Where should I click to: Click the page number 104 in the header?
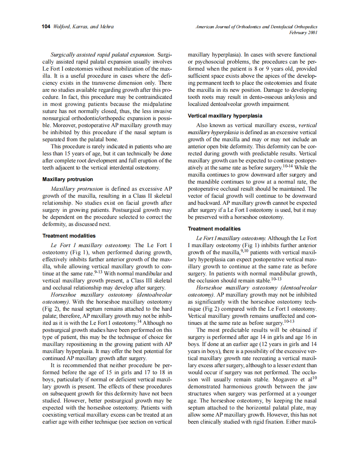(46, 27)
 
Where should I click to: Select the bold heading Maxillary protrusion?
(68, 179)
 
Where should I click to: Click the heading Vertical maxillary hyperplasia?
(225, 115)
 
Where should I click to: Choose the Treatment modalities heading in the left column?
(69, 236)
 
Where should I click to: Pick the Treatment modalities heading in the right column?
(214, 229)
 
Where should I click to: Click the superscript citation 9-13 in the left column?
(99, 272)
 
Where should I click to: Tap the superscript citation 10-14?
(288, 166)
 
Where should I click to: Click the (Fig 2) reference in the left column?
(51, 309)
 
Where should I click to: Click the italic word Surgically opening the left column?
(64, 54)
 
